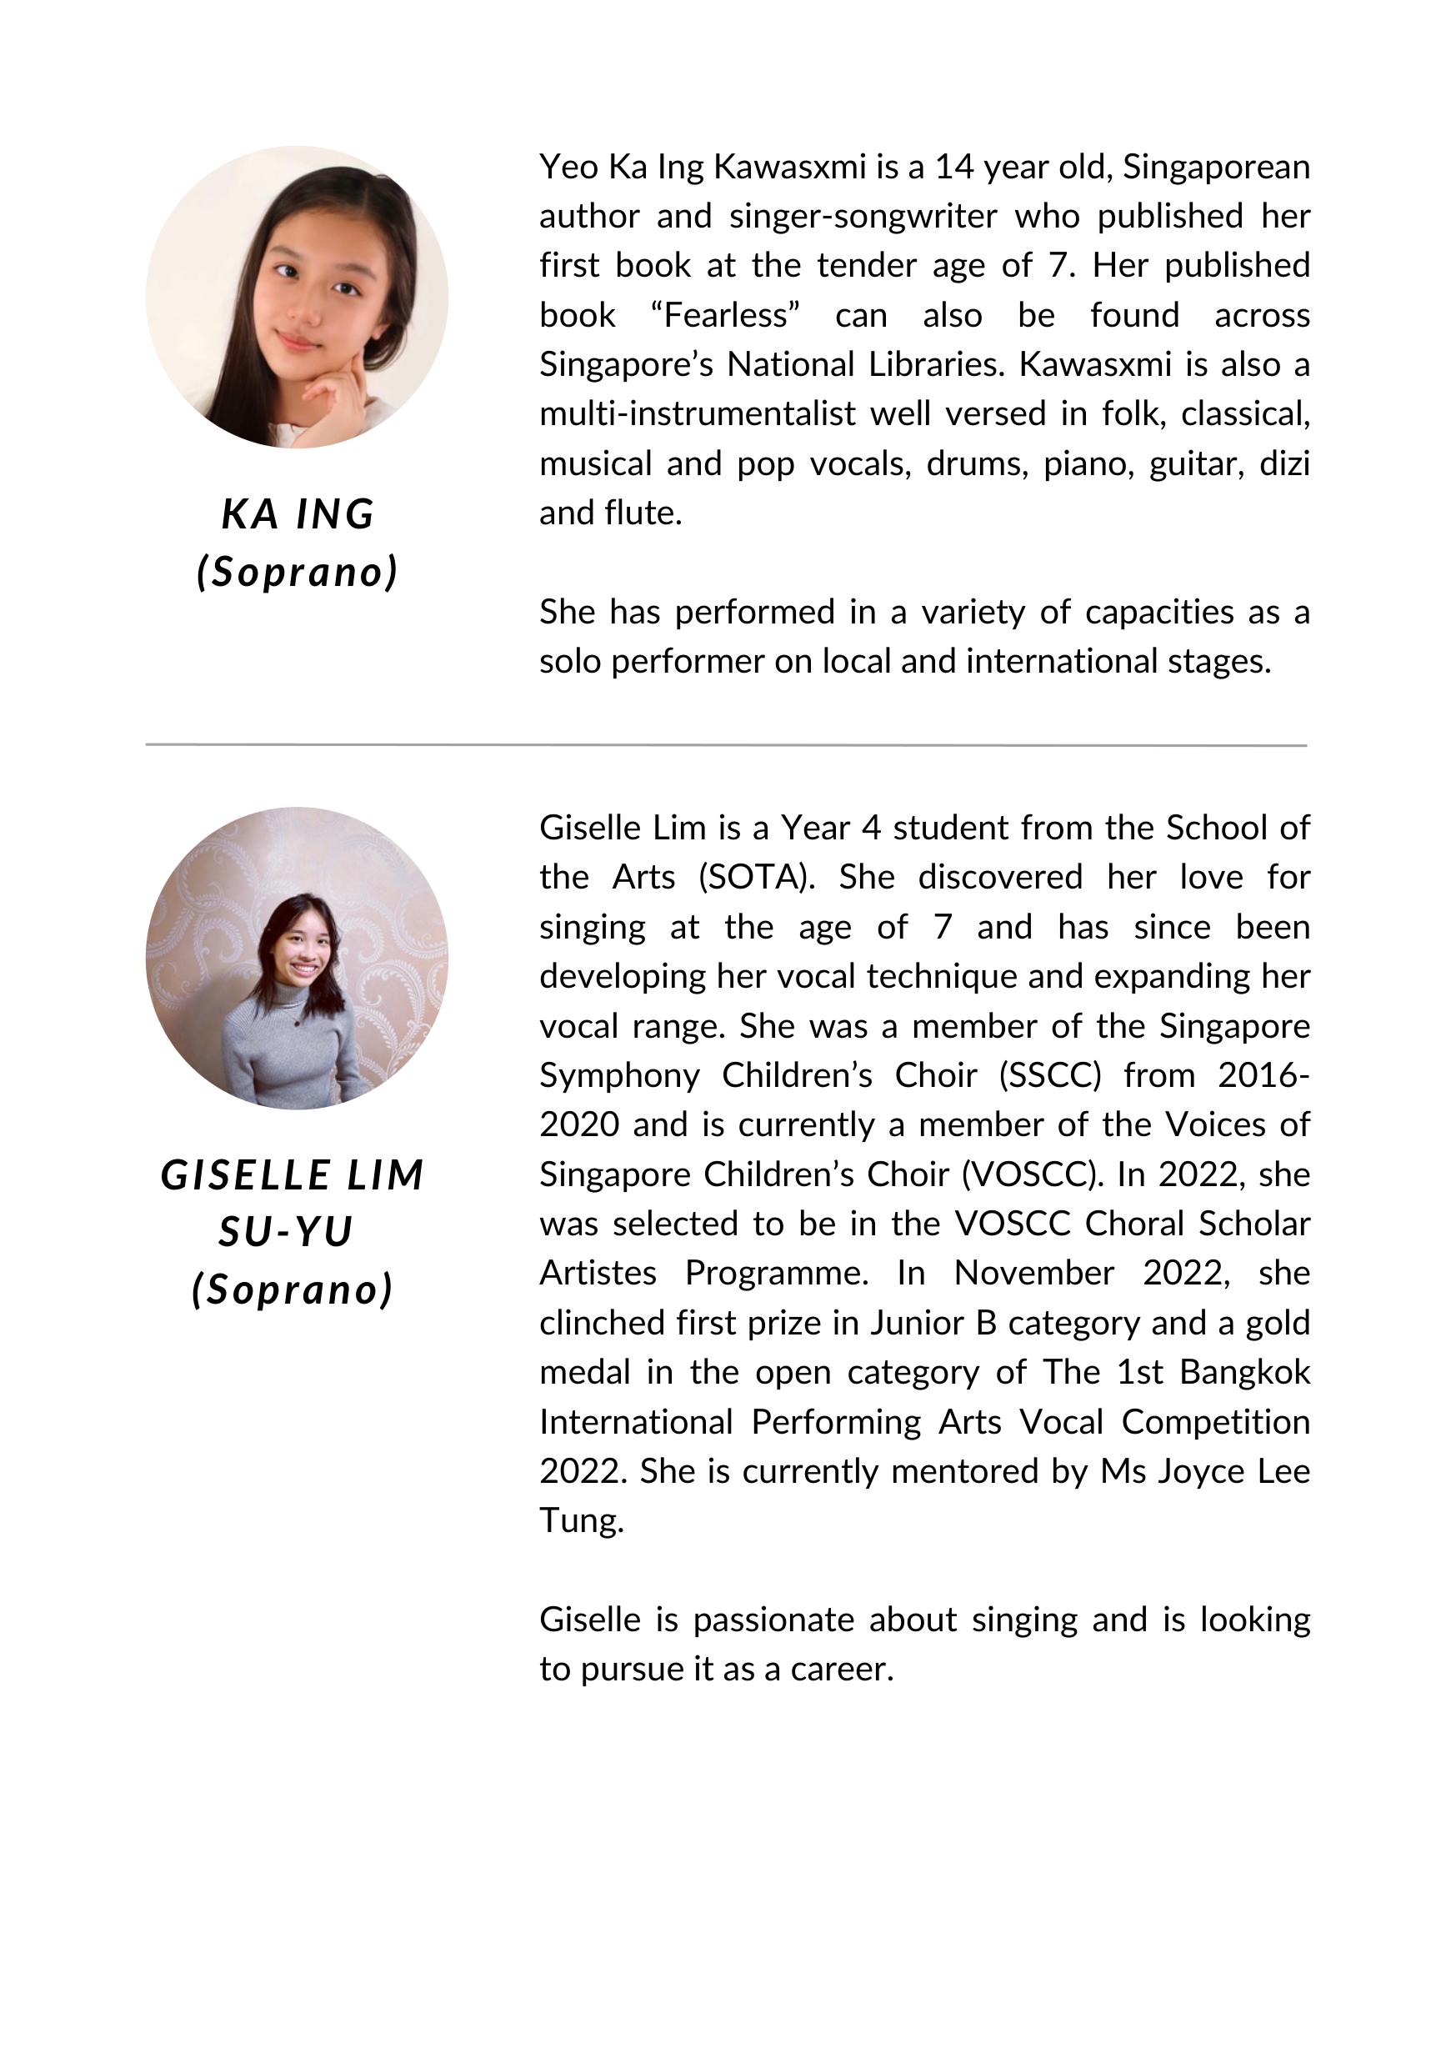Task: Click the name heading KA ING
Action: pyautogui.click(x=298, y=514)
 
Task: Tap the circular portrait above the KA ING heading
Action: pyautogui.click(x=298, y=298)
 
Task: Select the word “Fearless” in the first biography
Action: pyautogui.click(x=725, y=315)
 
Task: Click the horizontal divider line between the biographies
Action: pyautogui.click(x=726, y=745)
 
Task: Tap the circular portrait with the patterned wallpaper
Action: pyautogui.click(x=298, y=958)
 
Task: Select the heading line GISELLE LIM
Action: pyautogui.click(x=293, y=1175)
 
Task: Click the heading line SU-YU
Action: pyautogui.click(x=285, y=1232)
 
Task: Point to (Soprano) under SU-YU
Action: pyautogui.click(x=293, y=1289)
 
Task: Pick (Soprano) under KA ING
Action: pyautogui.click(x=298, y=572)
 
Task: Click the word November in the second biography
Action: pyautogui.click(x=1034, y=1274)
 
